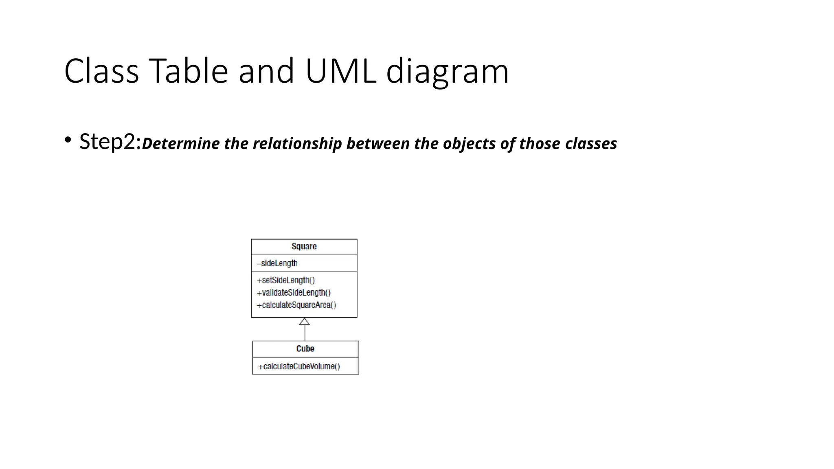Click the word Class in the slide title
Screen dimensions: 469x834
pyautogui.click(x=101, y=71)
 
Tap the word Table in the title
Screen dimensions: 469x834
pyautogui.click(x=188, y=71)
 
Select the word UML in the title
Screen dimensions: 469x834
pyautogui.click(x=340, y=71)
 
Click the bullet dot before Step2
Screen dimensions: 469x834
pyautogui.click(x=68, y=141)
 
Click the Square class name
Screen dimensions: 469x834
pyautogui.click(x=304, y=246)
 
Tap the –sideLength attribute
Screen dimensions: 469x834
pyautogui.click(x=277, y=263)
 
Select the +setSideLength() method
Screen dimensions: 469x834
pyautogui.click(x=286, y=280)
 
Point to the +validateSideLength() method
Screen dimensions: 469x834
pyautogui.click(x=294, y=293)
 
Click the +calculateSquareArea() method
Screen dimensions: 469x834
pyautogui.click(x=296, y=305)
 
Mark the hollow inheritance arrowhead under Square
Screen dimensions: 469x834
pyautogui.click(x=305, y=322)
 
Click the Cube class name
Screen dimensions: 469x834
pyautogui.click(x=305, y=349)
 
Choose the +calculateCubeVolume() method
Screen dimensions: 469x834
pyautogui.click(x=299, y=366)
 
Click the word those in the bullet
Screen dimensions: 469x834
pyautogui.click(x=540, y=144)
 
